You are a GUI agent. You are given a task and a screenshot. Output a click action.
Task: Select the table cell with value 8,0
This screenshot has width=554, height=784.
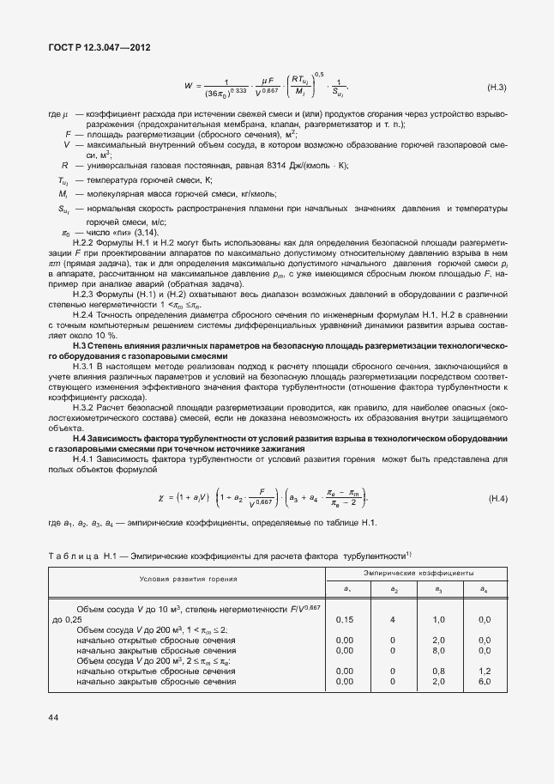438,650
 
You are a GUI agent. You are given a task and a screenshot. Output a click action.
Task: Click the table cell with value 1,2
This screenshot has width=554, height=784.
485,671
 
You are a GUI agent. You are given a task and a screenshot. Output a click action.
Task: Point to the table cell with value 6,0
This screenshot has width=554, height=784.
485,681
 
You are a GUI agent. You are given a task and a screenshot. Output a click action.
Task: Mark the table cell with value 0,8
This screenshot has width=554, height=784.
438,671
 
